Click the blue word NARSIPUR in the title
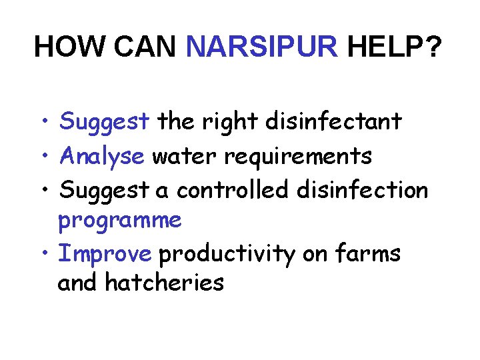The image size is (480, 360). click(263, 47)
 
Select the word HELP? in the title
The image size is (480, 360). click(394, 47)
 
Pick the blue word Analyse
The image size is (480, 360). click(102, 156)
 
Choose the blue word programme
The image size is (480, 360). click(120, 221)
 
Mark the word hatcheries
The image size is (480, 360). click(164, 283)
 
